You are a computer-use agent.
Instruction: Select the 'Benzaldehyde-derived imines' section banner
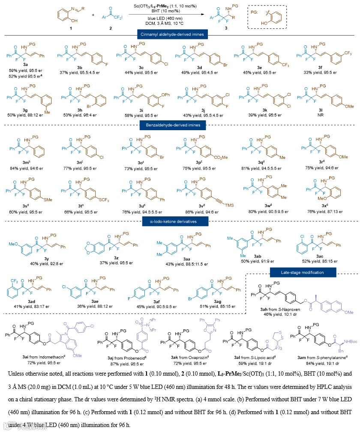pos(172,125)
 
